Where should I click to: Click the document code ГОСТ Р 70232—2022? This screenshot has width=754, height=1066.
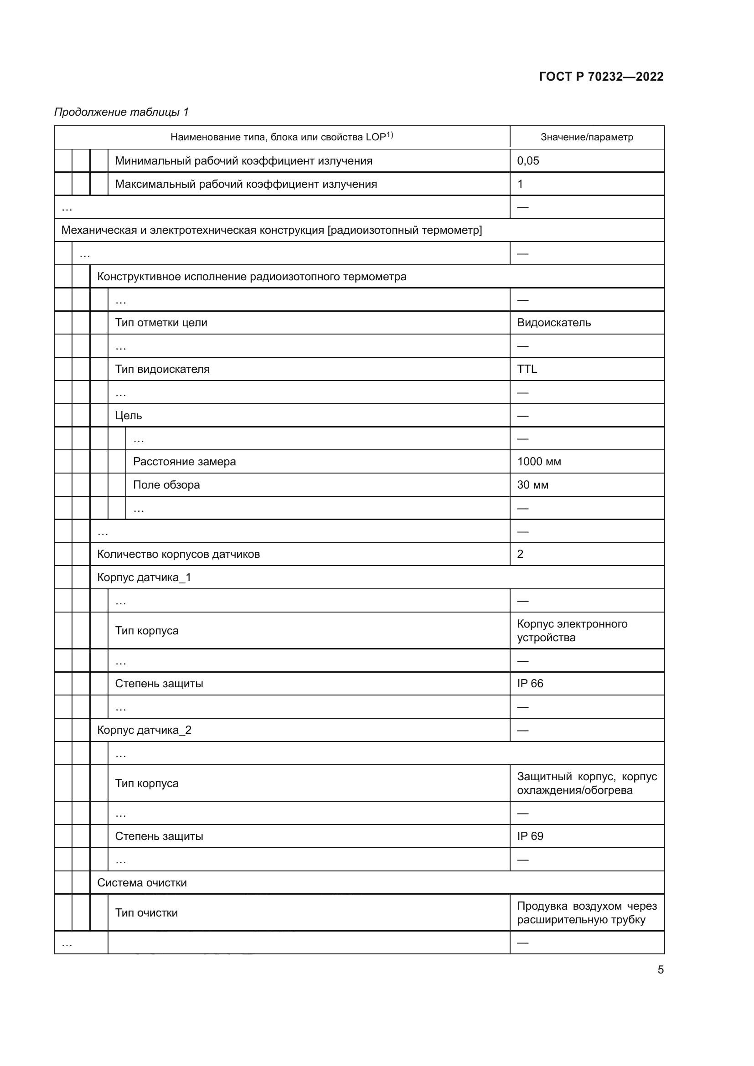point(601,77)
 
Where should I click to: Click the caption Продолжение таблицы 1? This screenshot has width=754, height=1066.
point(122,112)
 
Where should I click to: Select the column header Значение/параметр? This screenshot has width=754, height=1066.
point(586,137)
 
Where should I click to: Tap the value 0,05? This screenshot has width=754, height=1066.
point(528,160)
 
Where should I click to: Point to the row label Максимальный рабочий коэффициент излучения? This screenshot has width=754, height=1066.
point(246,184)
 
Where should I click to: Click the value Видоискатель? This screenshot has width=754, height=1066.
point(553,323)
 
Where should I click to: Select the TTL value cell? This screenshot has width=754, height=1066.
point(527,369)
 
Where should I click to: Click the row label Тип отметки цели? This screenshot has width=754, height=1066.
point(160,323)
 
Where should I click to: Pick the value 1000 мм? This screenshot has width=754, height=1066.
point(538,462)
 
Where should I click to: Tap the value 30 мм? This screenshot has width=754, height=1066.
point(532,485)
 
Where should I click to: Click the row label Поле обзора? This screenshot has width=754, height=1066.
point(166,485)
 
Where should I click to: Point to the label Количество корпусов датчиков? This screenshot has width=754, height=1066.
point(178,554)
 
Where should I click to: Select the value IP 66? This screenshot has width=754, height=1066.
point(530,684)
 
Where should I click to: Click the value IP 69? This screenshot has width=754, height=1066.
point(530,836)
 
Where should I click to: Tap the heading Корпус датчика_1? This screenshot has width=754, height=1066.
point(144,577)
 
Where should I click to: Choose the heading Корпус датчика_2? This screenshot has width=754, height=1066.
point(144,730)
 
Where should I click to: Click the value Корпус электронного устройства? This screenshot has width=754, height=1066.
point(572,630)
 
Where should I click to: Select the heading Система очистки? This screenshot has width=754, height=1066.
point(142,883)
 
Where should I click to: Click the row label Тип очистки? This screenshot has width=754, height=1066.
point(146,913)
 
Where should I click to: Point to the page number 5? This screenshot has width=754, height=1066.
point(660,970)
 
